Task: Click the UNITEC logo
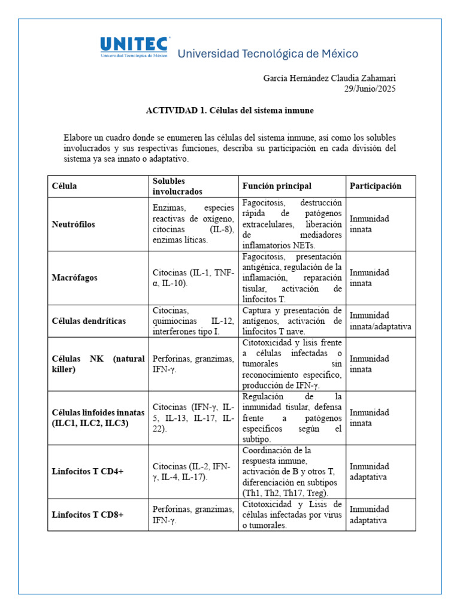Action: pyautogui.click(x=134, y=47)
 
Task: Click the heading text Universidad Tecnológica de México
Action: pyautogui.click(x=268, y=54)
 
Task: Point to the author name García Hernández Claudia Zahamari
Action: pyautogui.click(x=329, y=78)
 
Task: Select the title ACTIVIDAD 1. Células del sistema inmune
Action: pyautogui.click(x=230, y=111)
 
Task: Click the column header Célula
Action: pyautogui.click(x=65, y=186)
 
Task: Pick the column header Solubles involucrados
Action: pyautogui.click(x=177, y=186)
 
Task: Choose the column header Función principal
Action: pyautogui.click(x=277, y=186)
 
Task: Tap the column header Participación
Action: pyautogui.click(x=376, y=186)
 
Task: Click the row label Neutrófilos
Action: pyautogui.click(x=74, y=224)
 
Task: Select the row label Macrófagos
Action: pyautogui.click(x=75, y=278)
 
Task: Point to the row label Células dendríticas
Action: pyautogui.click(x=89, y=321)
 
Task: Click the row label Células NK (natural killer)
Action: pyautogui.click(x=98, y=364)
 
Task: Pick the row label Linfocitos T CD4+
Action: pyautogui.click(x=87, y=472)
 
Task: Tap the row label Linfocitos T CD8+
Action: pyautogui.click(x=87, y=515)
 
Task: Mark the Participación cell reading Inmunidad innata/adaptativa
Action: pyautogui.click(x=380, y=321)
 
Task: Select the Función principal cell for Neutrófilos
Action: pyautogui.click(x=292, y=224)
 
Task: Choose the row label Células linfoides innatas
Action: pyautogui.click(x=98, y=418)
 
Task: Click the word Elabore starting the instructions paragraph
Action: pyautogui.click(x=78, y=138)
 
